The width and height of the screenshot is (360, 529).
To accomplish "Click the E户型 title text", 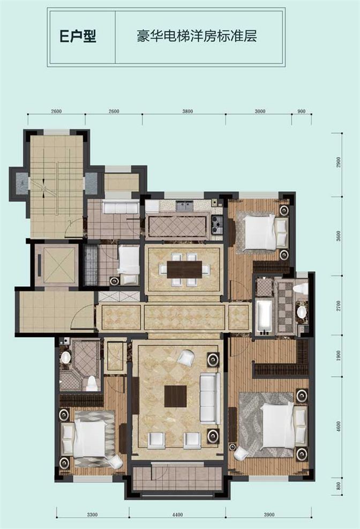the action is click(x=78, y=36).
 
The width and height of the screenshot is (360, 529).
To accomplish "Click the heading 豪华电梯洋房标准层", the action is click(x=197, y=36).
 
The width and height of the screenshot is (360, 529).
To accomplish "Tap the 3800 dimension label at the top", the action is click(x=187, y=111).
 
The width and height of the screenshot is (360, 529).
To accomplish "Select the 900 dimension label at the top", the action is click(x=302, y=111).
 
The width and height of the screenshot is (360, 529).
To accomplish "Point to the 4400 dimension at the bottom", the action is click(x=177, y=515).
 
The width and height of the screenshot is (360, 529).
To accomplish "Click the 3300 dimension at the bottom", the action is click(x=92, y=515).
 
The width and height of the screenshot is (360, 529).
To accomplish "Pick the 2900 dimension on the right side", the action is click(x=339, y=162).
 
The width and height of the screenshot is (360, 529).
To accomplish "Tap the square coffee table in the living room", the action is click(x=175, y=396).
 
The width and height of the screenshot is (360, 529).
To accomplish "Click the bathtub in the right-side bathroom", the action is click(x=264, y=317).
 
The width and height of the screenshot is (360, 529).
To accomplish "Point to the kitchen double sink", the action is click(x=184, y=205).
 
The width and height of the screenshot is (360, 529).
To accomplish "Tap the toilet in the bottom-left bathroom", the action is click(x=92, y=383).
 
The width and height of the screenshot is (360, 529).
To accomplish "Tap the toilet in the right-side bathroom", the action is click(x=301, y=289).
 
